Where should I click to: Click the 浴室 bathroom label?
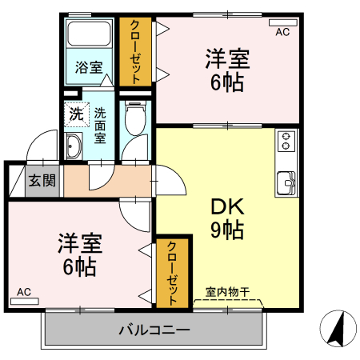(x=89, y=67)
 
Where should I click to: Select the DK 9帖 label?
(x=226, y=218)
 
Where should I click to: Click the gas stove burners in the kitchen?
(x=286, y=142)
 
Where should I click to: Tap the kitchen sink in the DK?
(x=286, y=182)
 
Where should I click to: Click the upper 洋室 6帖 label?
(x=226, y=70)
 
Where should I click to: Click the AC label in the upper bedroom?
(x=282, y=33)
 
